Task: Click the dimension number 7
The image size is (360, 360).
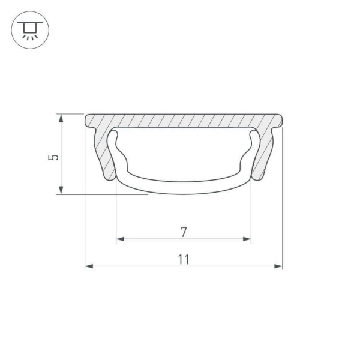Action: [184, 231]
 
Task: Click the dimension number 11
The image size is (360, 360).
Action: [184, 260]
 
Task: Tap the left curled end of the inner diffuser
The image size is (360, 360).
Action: [113, 140]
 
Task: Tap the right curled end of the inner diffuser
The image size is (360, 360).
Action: [254, 140]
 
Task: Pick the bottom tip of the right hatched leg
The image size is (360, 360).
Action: [258, 178]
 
